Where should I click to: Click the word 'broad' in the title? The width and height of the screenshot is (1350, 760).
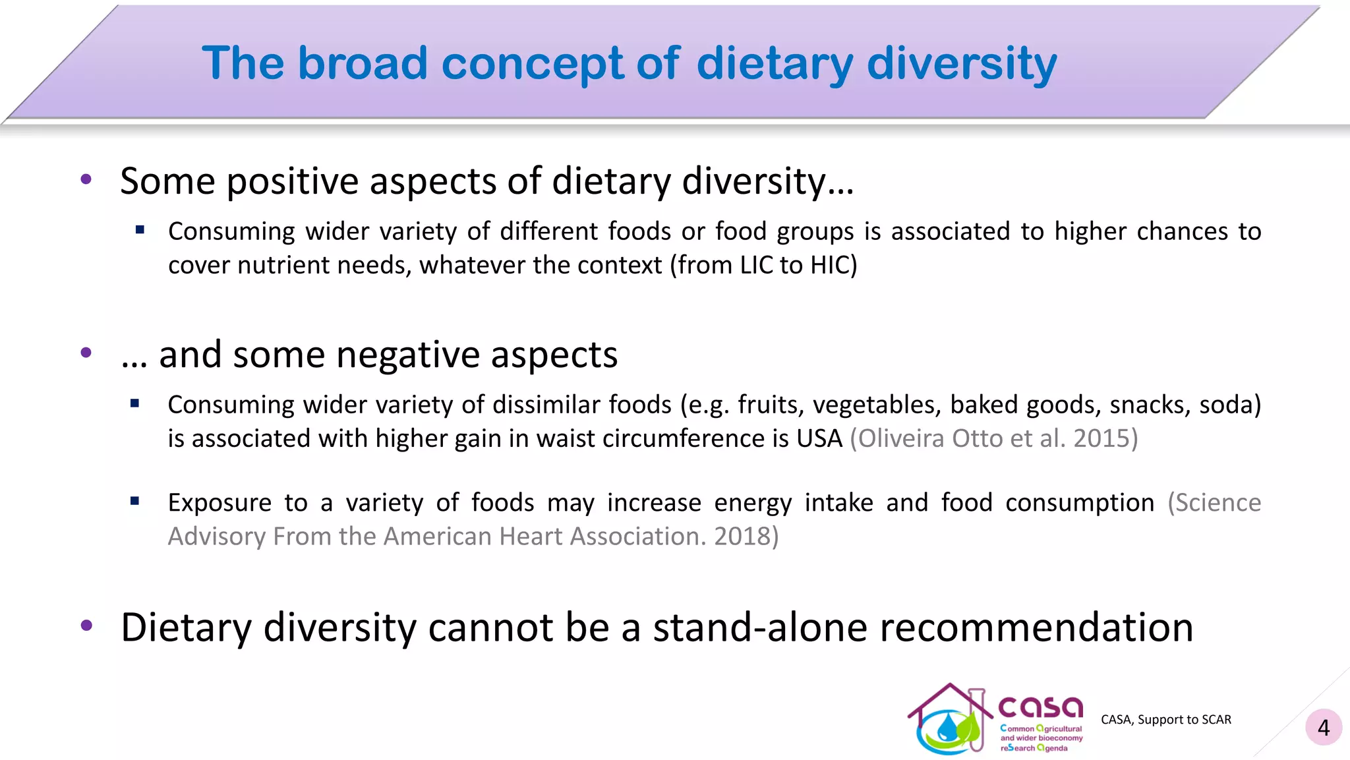362,63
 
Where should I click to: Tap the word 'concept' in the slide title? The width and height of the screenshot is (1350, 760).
532,65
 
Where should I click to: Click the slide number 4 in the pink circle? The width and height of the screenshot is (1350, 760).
1323,728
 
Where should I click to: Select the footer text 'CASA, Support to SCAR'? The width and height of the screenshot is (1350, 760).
1165,720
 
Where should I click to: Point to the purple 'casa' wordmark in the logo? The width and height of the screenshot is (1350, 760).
1040,707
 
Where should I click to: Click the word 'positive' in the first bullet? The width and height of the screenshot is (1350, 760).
293,181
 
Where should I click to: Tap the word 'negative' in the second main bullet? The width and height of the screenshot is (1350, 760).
407,355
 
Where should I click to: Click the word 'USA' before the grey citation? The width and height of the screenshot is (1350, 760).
819,438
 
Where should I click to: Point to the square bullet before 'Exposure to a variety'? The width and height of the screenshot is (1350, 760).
135,502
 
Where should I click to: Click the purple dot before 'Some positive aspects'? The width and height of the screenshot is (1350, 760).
86,179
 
